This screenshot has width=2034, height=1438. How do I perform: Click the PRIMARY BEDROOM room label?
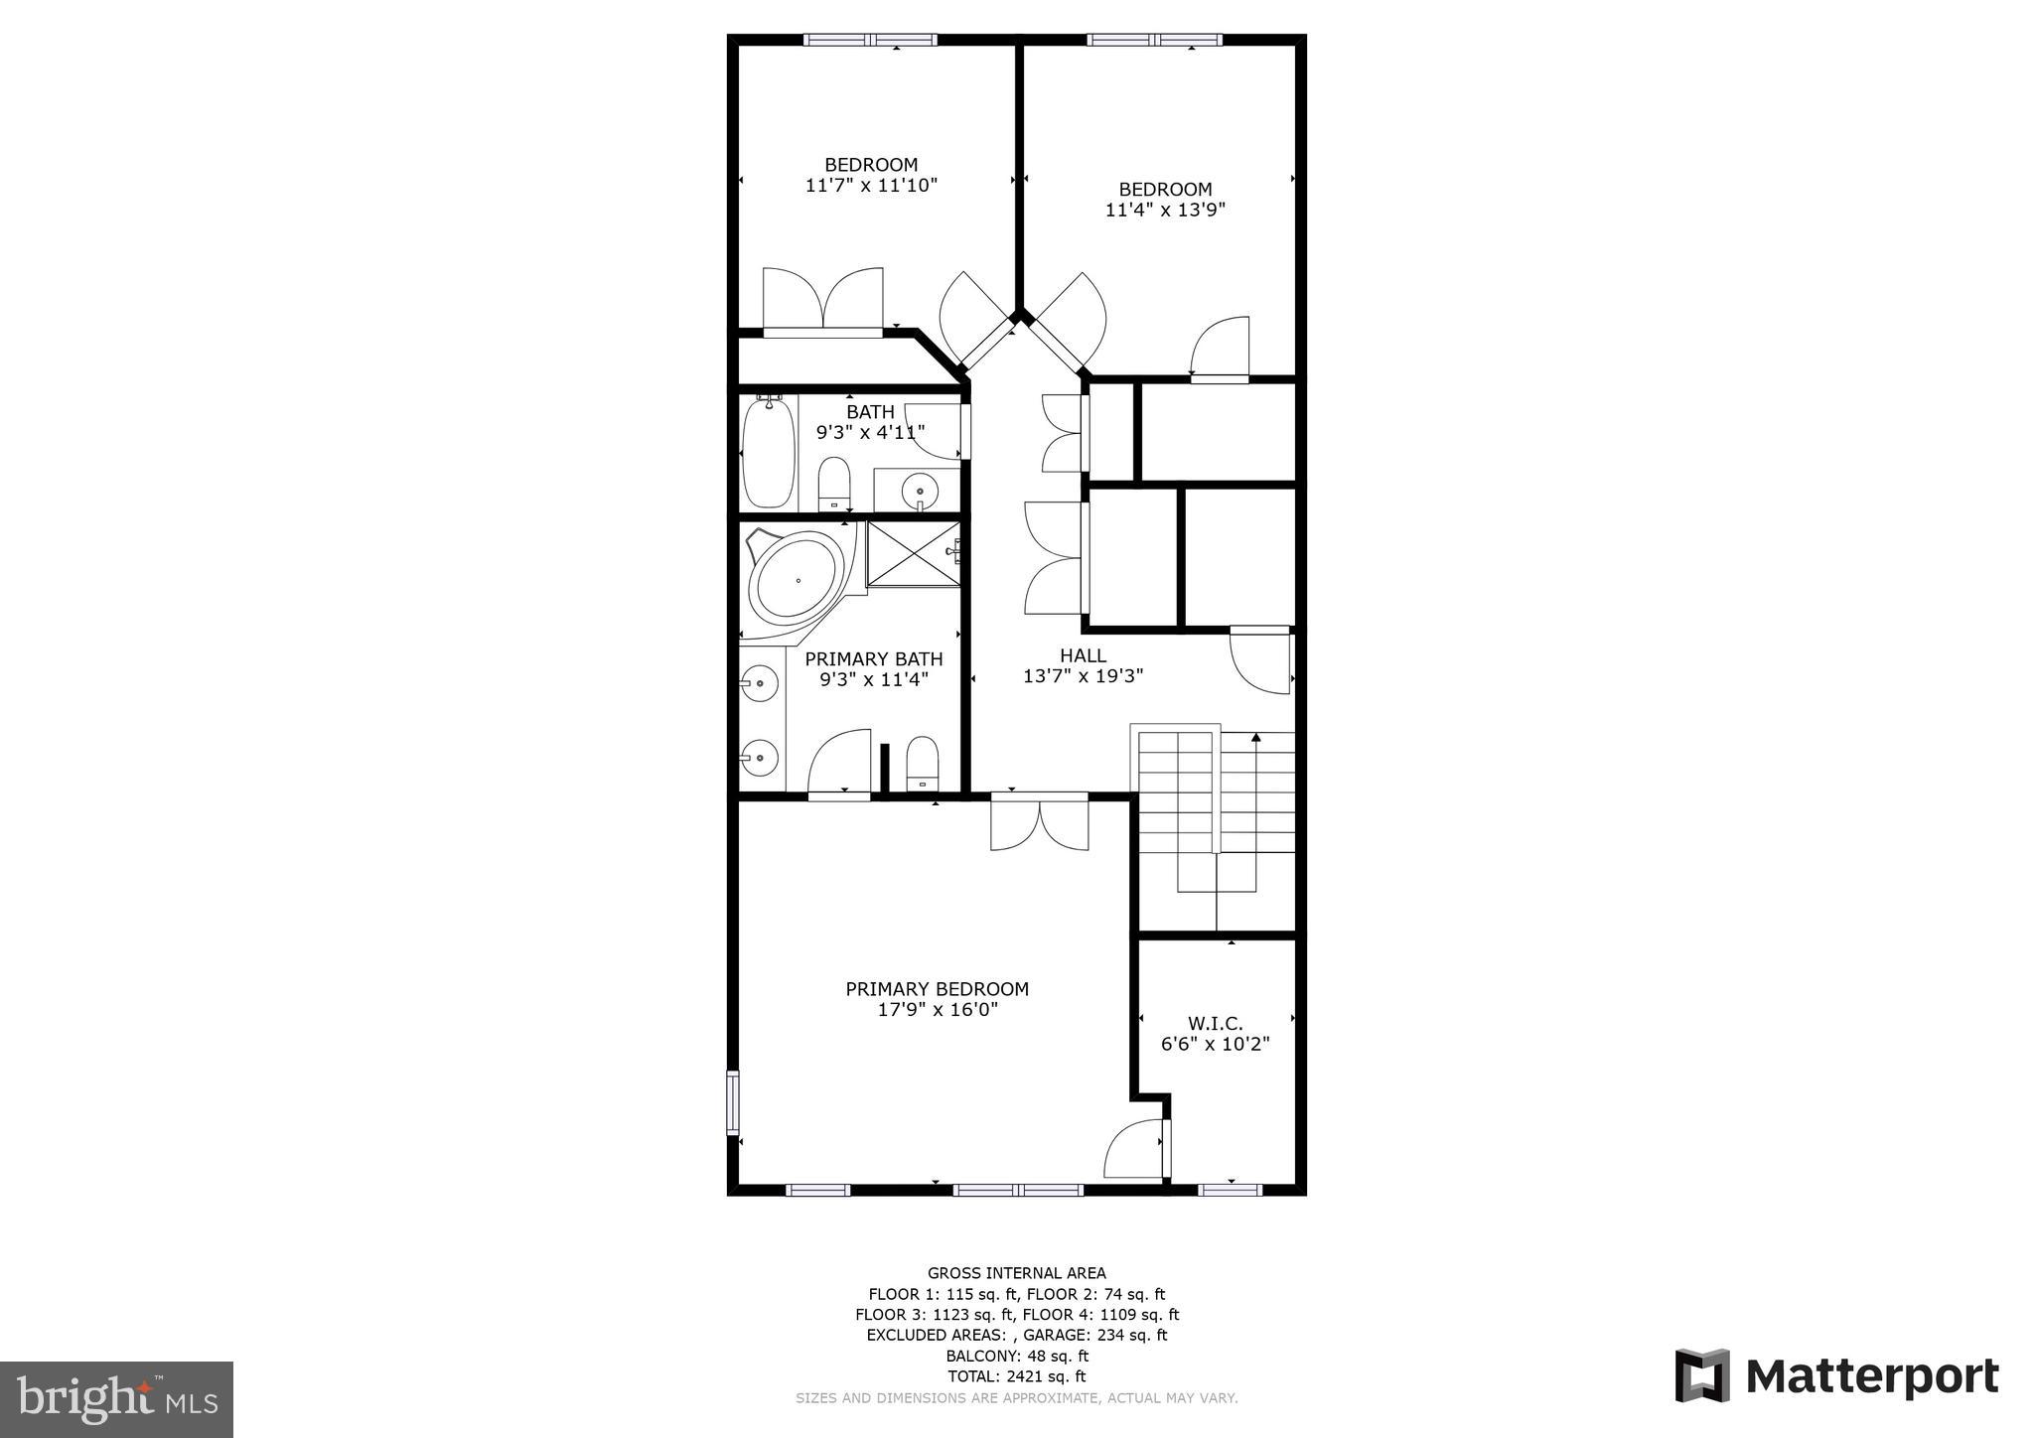pyautogui.click(x=937, y=989)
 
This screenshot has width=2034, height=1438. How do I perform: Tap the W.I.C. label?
pyautogui.click(x=1215, y=1023)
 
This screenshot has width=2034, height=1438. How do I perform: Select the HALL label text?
pyautogui.click(x=1083, y=655)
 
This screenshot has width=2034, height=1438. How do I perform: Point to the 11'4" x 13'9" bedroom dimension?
pyautogui.click(x=1165, y=210)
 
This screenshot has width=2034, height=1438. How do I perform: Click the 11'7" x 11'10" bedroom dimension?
pyautogui.click(x=871, y=185)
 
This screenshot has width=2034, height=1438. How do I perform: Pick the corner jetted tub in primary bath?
pyautogui.click(x=797, y=579)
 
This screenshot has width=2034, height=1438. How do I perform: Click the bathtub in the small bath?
pyautogui.click(x=769, y=452)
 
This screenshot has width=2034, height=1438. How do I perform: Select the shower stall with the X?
pyautogui.click(x=914, y=553)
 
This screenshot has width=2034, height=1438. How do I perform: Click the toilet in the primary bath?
pyautogui.click(x=923, y=763)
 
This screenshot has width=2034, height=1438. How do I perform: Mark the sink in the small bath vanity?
pyautogui.click(x=920, y=490)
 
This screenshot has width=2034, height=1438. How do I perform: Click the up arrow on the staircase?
pyautogui.click(x=1256, y=739)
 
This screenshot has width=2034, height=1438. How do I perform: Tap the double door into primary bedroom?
pyautogui.click(x=1040, y=824)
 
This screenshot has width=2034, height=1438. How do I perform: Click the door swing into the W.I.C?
pyautogui.click(x=1134, y=1148)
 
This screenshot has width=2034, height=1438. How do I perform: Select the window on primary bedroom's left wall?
pyautogui.click(x=733, y=1102)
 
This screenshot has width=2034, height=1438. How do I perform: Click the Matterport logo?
pyautogui.click(x=1837, y=1376)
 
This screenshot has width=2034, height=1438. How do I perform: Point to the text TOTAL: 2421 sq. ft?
pyautogui.click(x=1016, y=1376)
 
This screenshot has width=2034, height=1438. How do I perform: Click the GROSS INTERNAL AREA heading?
pyautogui.click(x=1016, y=1273)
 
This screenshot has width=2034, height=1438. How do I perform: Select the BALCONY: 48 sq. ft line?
pyautogui.click(x=1016, y=1356)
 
